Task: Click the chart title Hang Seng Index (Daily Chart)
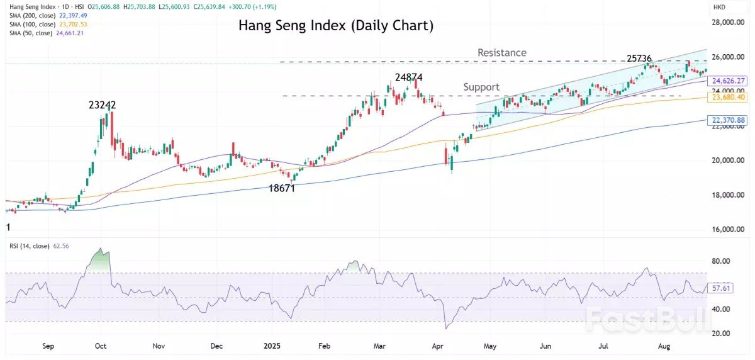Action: coord(335,26)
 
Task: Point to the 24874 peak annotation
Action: coord(408,77)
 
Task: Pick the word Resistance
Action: coord(501,53)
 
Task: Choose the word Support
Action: coord(481,87)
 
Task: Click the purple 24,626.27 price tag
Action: coord(727,81)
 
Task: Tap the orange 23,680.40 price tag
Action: coord(727,98)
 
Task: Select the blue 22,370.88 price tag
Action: coord(727,120)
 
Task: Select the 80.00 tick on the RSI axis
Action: coord(720,261)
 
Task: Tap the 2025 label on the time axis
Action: coord(272,346)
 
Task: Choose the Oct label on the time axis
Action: coord(101,346)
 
